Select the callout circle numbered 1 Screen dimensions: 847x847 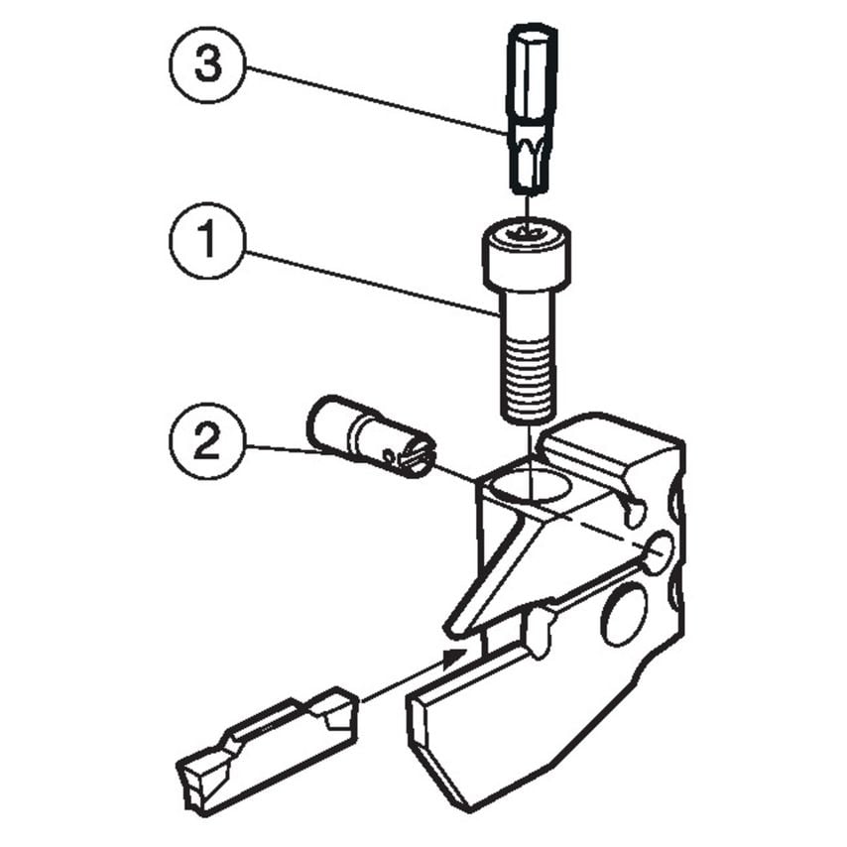(205, 241)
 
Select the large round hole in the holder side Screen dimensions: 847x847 (624, 615)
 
